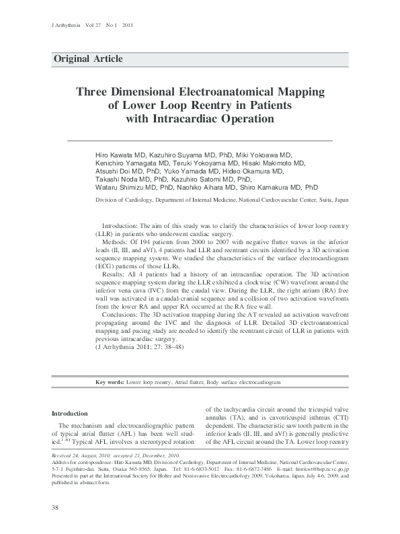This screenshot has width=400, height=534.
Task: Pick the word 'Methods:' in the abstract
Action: tap(116, 241)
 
